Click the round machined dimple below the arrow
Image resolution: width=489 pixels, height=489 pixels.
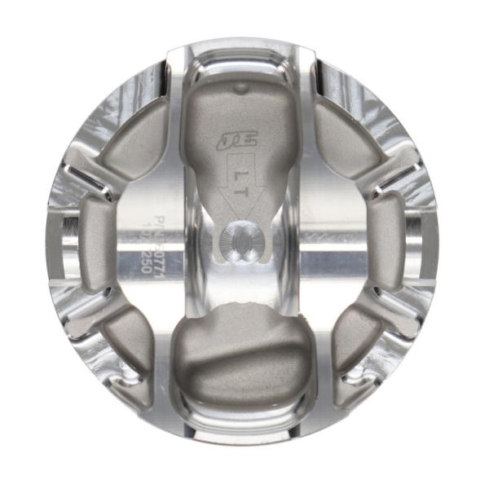click(237, 240)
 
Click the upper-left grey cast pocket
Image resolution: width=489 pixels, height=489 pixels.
click(134, 146)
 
